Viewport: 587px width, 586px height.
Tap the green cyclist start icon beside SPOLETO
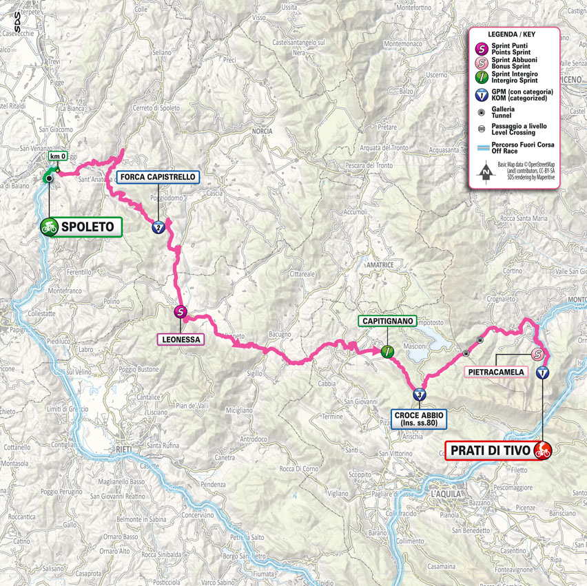[49, 226]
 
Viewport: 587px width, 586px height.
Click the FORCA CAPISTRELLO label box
[158, 177]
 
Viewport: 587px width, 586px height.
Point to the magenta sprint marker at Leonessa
[180, 311]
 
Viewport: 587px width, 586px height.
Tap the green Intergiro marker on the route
[387, 351]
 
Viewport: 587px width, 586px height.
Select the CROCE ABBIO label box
[419, 419]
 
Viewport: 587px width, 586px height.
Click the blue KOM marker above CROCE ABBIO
[420, 395]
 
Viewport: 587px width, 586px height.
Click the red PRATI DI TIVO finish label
[489, 451]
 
